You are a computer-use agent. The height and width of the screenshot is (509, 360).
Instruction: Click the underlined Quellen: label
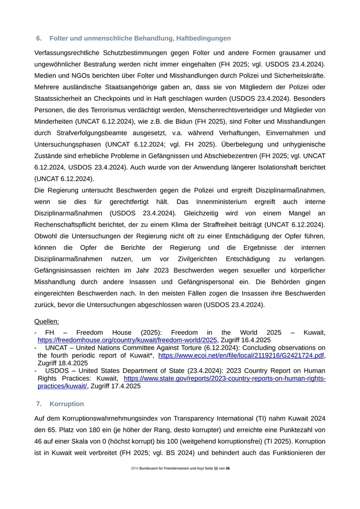click(x=47, y=321)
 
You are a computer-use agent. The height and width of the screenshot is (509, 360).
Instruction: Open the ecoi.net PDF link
click(x=241, y=355)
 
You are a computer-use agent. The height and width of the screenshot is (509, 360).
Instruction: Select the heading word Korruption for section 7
click(x=67, y=404)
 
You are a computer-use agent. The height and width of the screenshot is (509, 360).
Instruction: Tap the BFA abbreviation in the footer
click(x=135, y=469)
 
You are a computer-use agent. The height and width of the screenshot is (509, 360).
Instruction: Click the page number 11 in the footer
click(x=216, y=469)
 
